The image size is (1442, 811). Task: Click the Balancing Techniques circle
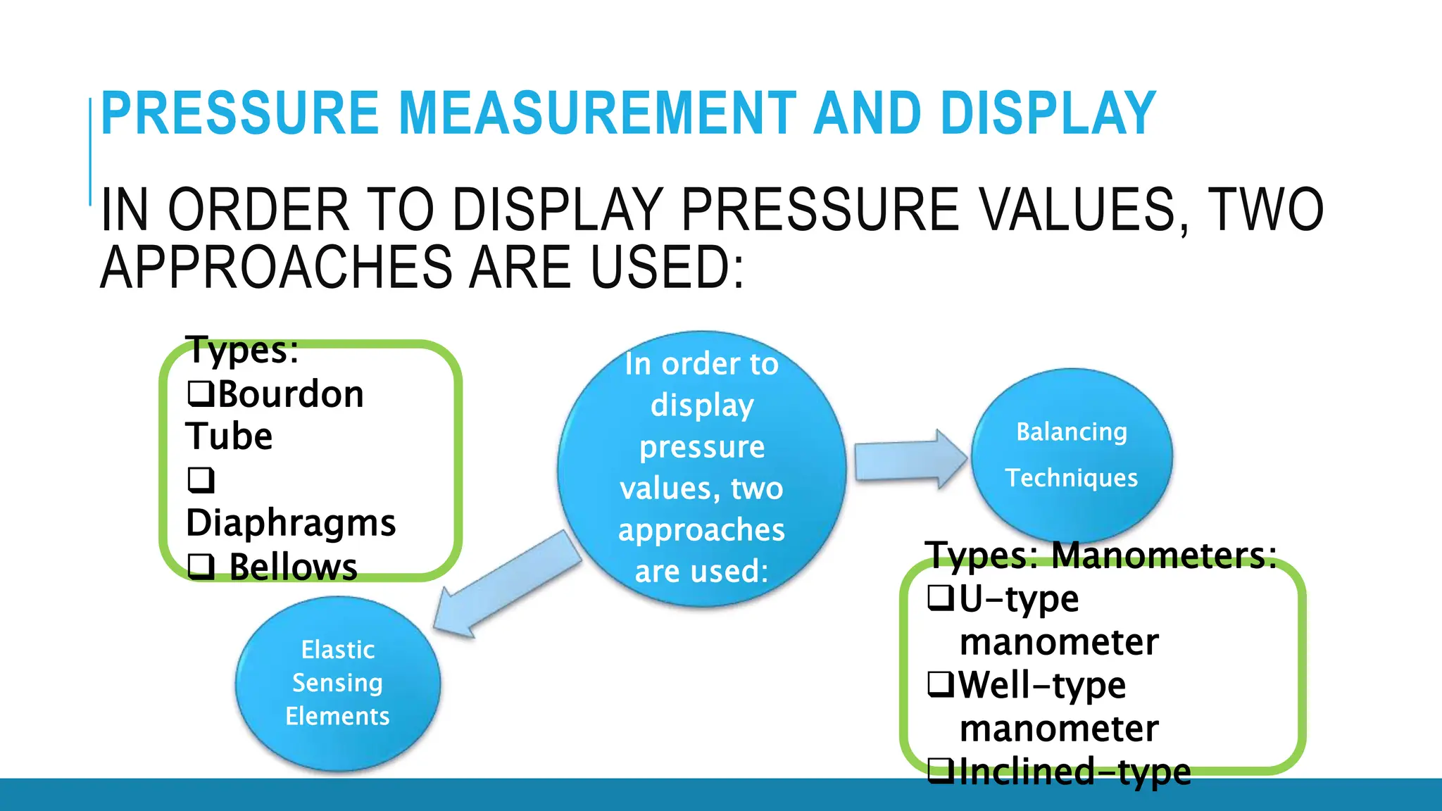click(1071, 455)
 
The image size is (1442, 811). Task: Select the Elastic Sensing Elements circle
click(337, 682)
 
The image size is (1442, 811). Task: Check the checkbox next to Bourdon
click(201, 394)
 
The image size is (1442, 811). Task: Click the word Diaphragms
click(291, 523)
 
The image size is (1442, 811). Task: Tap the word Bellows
click(294, 567)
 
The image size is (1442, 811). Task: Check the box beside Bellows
click(201, 565)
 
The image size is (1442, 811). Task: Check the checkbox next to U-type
click(941, 598)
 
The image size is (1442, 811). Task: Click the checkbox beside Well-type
click(941, 684)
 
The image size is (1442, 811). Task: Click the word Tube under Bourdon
click(229, 436)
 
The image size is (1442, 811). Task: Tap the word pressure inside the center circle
click(701, 447)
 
